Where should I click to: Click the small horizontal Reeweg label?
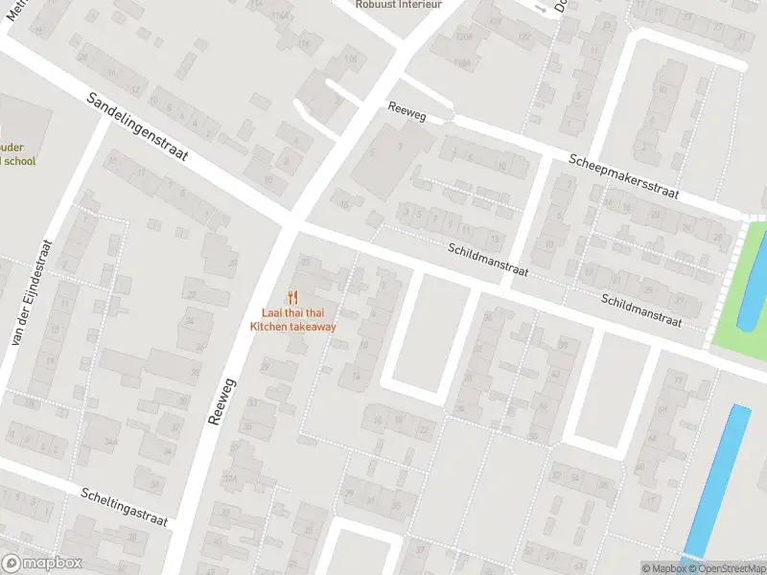tap(407, 111)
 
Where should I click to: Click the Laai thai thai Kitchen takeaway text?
tap(293, 320)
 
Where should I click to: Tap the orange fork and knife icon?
tap(293, 298)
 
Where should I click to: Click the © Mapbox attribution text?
tap(663, 568)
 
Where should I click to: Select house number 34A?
tap(111, 440)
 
